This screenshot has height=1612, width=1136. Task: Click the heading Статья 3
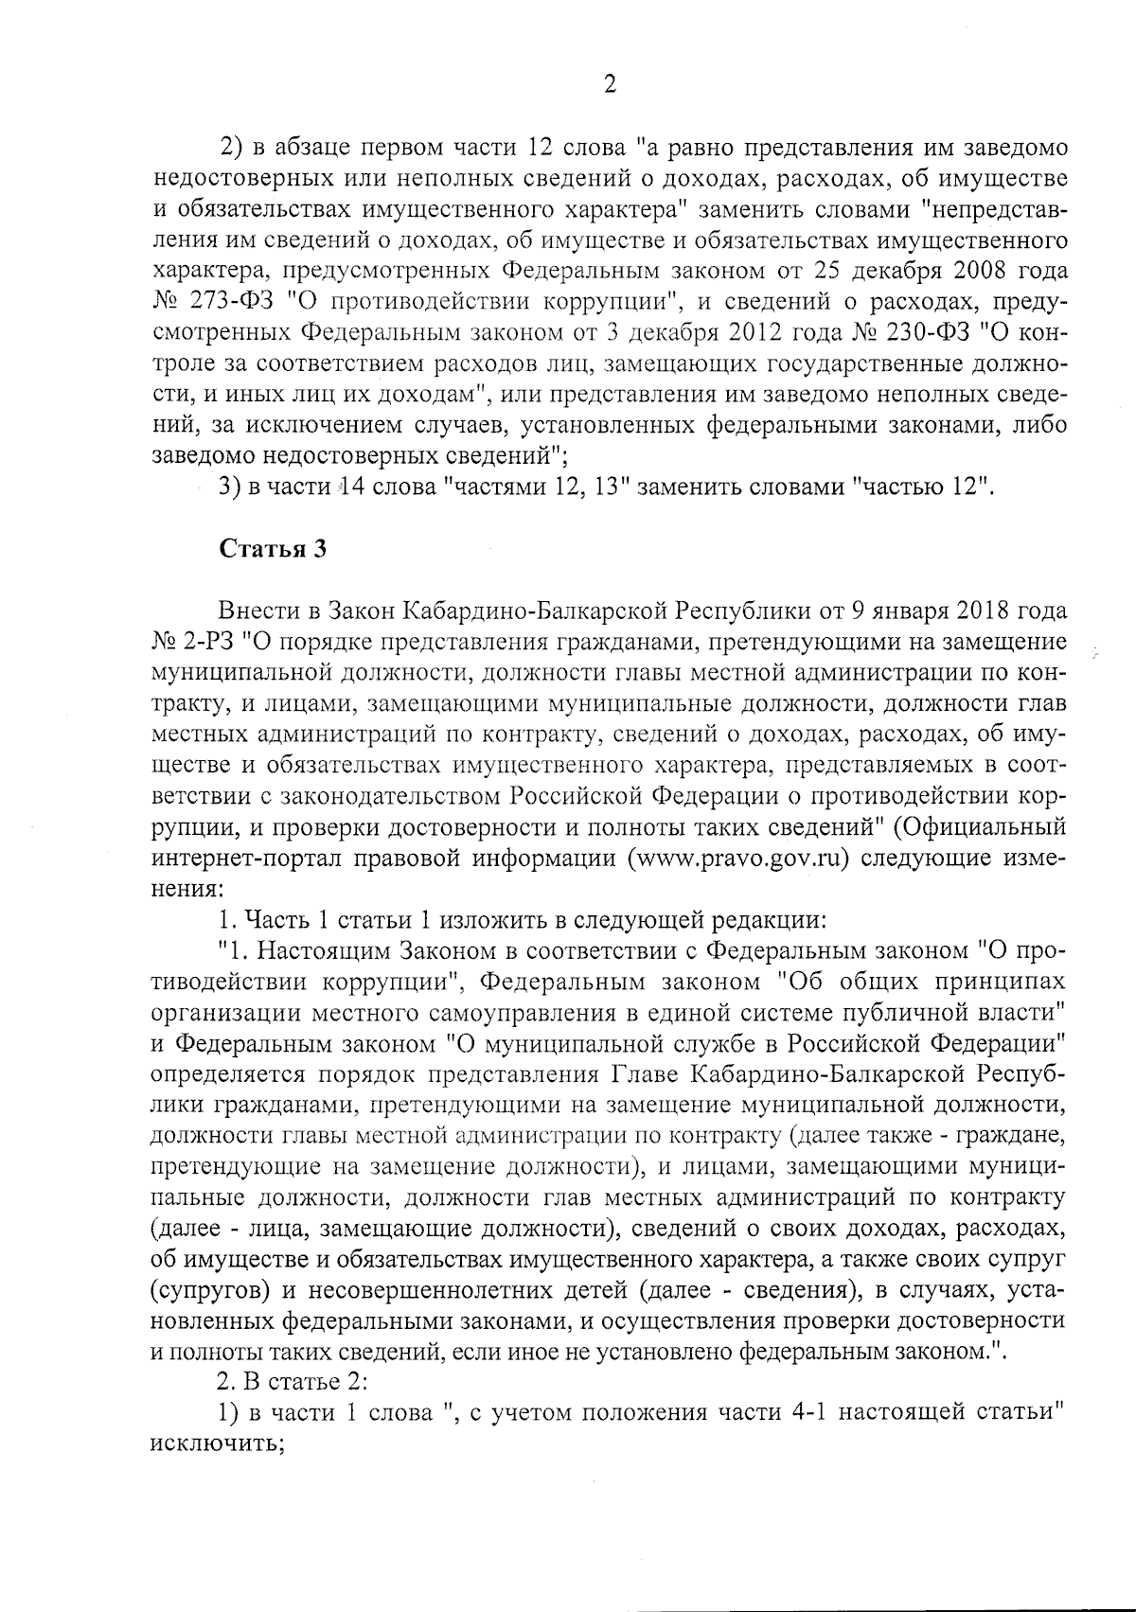click(x=274, y=551)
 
